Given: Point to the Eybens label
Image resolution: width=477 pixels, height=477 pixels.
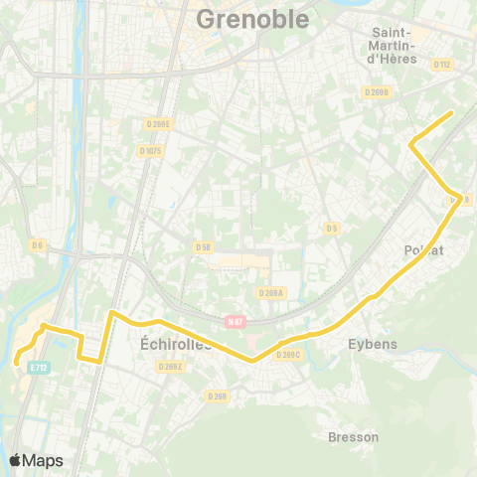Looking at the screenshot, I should (373, 344).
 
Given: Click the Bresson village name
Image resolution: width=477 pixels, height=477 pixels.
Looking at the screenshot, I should (353, 436).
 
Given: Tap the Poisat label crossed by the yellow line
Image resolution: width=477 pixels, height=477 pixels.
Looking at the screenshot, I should (423, 250).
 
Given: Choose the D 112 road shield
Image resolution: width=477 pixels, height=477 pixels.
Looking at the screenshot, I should (443, 67).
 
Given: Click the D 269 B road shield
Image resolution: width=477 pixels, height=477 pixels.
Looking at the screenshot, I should (377, 92).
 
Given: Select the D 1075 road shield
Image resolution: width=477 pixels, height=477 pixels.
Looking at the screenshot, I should (150, 151).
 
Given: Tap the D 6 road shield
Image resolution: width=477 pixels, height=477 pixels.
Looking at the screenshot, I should (38, 245).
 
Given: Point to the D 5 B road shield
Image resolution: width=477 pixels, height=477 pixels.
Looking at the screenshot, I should (204, 246).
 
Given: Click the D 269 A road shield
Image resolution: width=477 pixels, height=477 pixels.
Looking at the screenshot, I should (271, 293).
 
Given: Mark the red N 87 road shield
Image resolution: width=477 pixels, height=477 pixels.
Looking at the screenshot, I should (235, 321).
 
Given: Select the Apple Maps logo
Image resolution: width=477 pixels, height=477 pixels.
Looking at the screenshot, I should (36, 460).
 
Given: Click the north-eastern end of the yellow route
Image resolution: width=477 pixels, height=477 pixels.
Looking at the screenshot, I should (452, 112).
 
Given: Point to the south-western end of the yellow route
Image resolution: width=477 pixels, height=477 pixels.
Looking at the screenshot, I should (17, 364).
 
